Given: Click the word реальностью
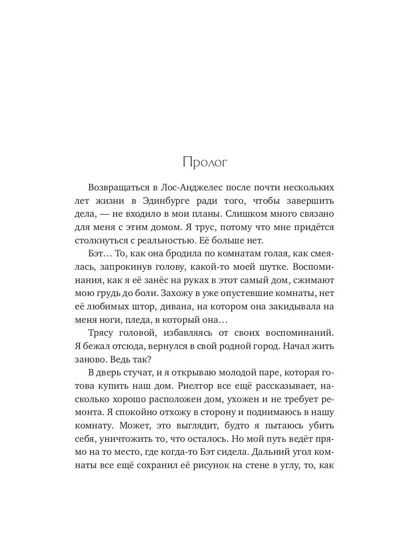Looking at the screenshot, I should pyautogui.click(x=172, y=241).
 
